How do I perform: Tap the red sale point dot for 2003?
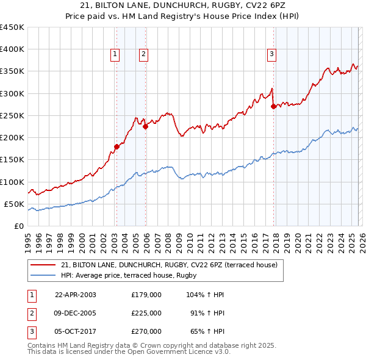pyautogui.click(x=117, y=146)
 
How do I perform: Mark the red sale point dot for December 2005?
pyautogui.click(x=145, y=127)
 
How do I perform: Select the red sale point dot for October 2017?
pyautogui.click(x=273, y=106)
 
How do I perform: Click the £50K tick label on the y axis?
pyautogui.click(x=14, y=204)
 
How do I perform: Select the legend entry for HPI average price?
pyautogui.click(x=117, y=275)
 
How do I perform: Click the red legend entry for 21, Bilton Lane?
pyautogui.click(x=169, y=265)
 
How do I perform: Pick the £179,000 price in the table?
pyautogui.click(x=146, y=295)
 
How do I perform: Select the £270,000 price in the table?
pyautogui.click(x=146, y=331)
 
